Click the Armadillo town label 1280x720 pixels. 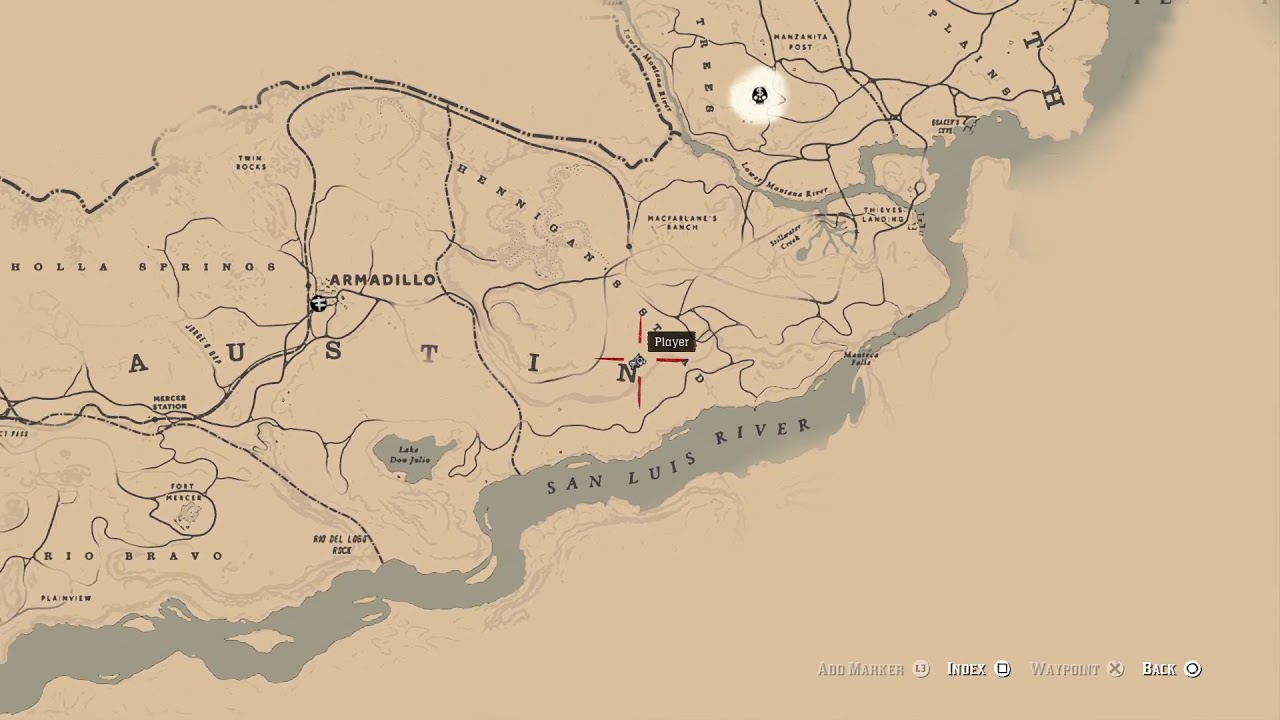click(x=382, y=280)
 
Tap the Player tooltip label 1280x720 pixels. click(x=671, y=342)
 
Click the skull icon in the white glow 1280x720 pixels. click(x=759, y=96)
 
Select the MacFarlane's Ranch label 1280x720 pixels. click(x=682, y=222)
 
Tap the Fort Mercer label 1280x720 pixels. click(x=185, y=492)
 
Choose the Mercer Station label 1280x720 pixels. click(x=170, y=402)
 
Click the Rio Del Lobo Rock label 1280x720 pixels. click(x=341, y=544)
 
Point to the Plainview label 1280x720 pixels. click(x=66, y=598)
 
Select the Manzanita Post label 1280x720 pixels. click(x=801, y=41)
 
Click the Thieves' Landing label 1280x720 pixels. click(x=883, y=215)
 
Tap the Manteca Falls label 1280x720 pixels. click(x=860, y=358)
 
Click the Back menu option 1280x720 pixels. click(x=1160, y=669)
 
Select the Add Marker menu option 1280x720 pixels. click(x=861, y=669)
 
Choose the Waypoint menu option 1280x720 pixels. click(x=1065, y=669)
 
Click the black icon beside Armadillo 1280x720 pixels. click(x=319, y=303)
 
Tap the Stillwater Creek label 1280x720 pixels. click(x=786, y=236)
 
